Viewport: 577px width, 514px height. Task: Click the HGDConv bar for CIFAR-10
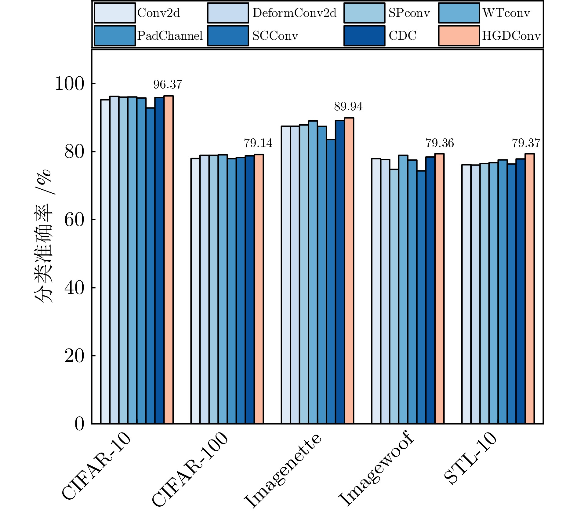click(169, 260)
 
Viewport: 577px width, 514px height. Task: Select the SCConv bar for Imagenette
click(331, 281)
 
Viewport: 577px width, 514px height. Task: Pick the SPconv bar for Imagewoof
click(394, 296)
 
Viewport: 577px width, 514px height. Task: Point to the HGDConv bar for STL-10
click(530, 289)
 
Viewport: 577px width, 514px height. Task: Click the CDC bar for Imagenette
click(340, 272)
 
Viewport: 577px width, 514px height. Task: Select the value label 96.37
click(168, 85)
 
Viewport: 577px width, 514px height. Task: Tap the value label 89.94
click(348, 107)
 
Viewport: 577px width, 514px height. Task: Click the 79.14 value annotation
click(258, 143)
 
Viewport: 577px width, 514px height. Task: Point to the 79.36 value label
click(440, 143)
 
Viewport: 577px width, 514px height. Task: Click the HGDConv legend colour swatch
click(459, 36)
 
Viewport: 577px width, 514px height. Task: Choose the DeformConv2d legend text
click(294, 13)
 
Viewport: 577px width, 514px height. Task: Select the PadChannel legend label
click(170, 36)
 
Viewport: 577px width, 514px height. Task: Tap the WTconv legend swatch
click(459, 13)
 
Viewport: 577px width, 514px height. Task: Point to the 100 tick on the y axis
click(69, 84)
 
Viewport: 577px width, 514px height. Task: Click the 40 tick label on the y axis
click(74, 288)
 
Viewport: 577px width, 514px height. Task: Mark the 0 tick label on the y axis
click(79, 424)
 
